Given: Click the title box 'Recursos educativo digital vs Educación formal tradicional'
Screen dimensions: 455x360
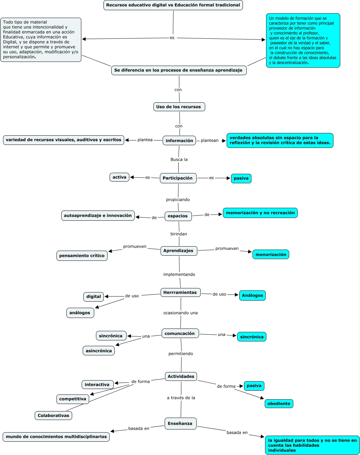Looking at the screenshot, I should coord(173,5).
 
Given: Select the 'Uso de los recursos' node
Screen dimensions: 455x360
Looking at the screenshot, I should coord(179,107).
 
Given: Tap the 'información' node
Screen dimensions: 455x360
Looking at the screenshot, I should coord(179,141).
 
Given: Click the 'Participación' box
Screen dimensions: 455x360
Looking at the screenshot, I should coord(178,178).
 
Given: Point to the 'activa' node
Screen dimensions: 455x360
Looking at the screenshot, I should coord(119,177).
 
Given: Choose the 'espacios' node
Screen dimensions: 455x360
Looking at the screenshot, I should coord(178,216).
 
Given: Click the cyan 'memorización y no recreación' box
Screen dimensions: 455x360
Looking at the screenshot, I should coord(260,213).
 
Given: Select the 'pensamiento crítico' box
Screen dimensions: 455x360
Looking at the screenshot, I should coord(82,256).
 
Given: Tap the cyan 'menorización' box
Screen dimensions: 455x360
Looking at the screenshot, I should coord(271,254).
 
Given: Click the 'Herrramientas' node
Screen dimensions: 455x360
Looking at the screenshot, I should coord(180,292).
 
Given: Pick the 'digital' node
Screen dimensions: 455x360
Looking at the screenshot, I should coord(94,297).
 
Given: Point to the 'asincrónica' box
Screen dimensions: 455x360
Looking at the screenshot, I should coord(99,351).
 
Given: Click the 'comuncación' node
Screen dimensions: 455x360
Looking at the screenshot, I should coord(180,334).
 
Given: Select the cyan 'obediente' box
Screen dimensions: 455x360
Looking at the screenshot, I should coord(279,404).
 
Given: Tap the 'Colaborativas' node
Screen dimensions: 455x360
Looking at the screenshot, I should coord(53,416).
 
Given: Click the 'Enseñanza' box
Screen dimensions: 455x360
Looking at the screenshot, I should coord(180,424).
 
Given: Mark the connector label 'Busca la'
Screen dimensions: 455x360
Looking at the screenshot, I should coord(179,159).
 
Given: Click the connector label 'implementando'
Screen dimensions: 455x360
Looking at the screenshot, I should coord(179,274).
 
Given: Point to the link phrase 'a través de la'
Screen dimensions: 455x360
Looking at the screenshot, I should coord(181,398).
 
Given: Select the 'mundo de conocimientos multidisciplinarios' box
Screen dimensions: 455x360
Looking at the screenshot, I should coord(56,437).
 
